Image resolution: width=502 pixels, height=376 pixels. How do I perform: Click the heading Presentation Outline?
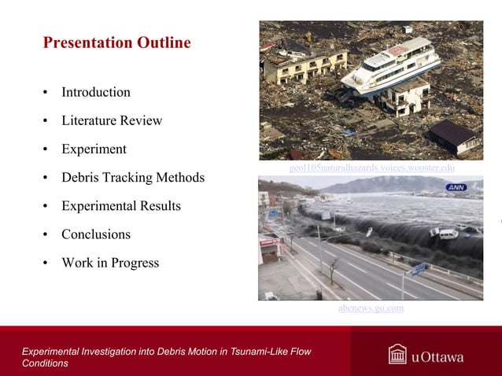coord(116,42)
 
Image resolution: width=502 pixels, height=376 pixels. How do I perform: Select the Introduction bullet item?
coord(96,92)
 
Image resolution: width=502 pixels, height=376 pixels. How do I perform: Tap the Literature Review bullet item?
coord(112,120)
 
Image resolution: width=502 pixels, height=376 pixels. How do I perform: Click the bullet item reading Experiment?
coord(94,149)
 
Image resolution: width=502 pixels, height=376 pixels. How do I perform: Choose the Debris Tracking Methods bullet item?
coord(133,178)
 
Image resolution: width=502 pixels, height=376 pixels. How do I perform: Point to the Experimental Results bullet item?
coord(121,206)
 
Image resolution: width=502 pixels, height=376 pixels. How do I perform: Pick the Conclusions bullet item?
coord(96,234)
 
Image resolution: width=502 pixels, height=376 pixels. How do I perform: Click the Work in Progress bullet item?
coord(110,263)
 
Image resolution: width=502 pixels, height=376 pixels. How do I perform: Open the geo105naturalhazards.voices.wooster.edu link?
coord(371,168)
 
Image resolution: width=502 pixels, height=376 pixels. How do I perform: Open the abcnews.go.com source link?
coord(371,308)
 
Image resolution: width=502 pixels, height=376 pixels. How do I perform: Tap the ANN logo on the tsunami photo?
coord(456,187)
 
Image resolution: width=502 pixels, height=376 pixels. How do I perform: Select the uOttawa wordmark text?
coord(437,357)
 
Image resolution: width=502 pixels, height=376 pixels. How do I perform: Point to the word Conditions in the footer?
coord(45,363)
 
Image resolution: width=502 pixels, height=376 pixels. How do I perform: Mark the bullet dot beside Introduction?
coord(46,93)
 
